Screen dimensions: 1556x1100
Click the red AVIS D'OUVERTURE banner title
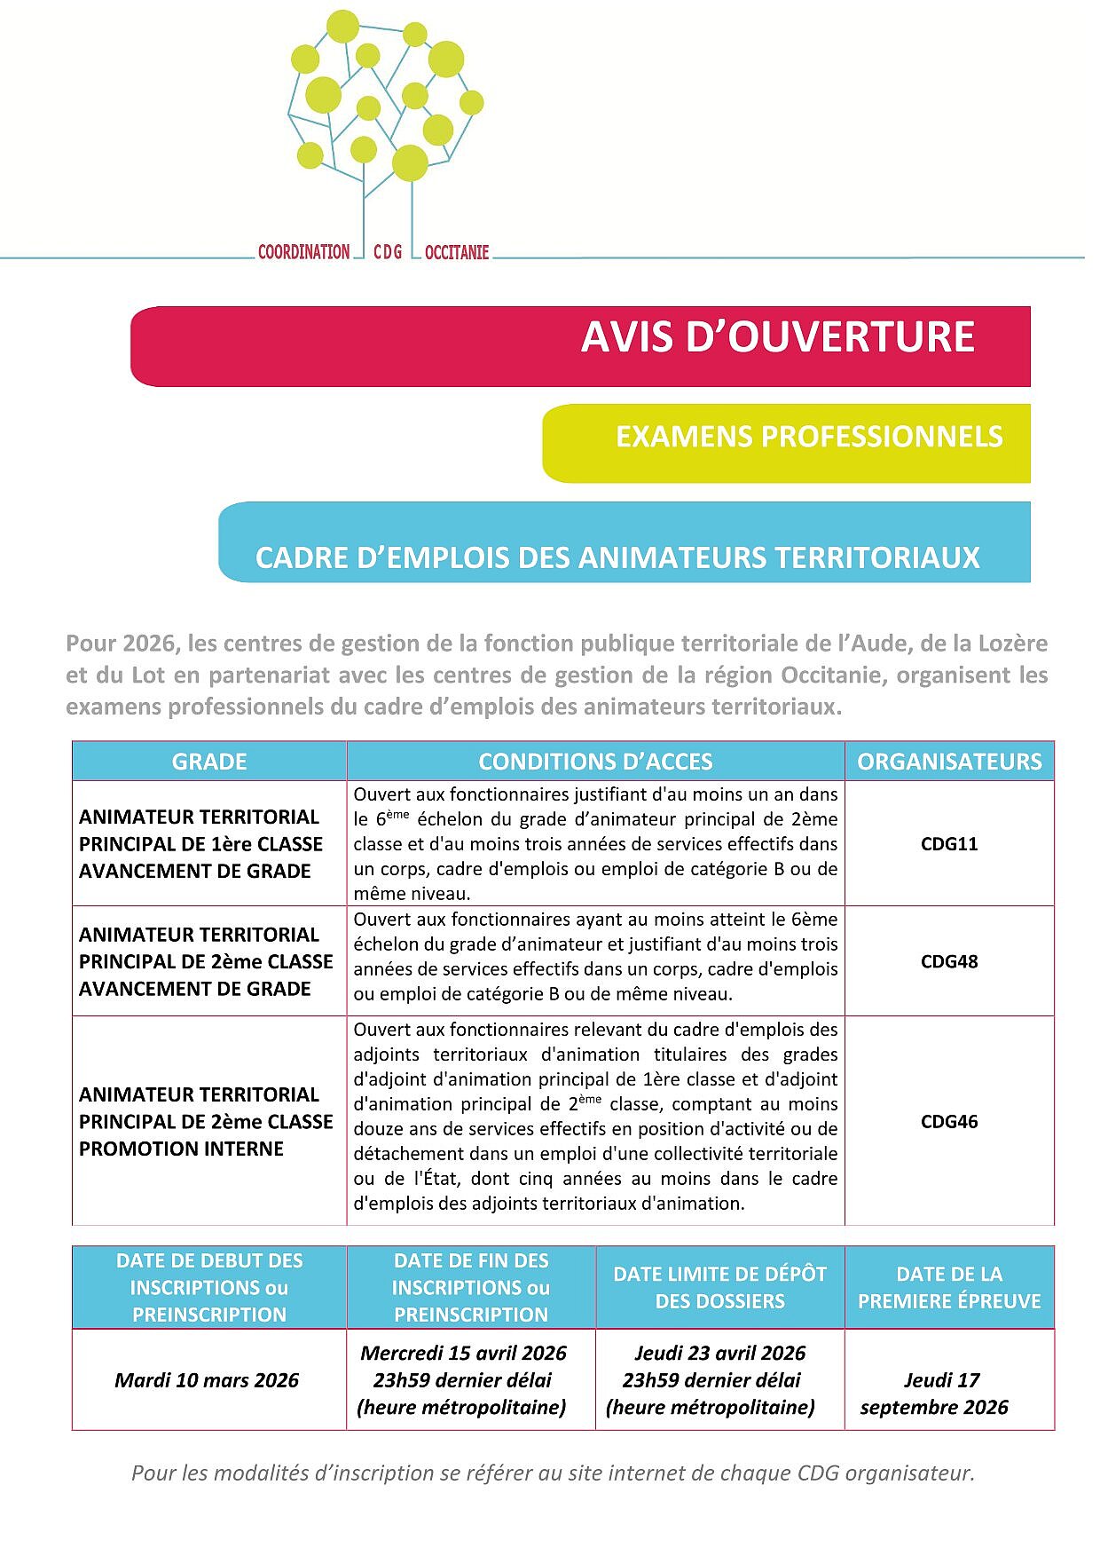click(x=777, y=337)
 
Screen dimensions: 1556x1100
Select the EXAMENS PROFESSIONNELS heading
click(x=809, y=437)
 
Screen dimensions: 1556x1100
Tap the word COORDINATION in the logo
click(x=303, y=252)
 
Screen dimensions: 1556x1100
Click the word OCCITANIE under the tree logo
click(x=457, y=253)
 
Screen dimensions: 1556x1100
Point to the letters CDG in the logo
click(x=388, y=253)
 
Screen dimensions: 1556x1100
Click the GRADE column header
click(x=209, y=762)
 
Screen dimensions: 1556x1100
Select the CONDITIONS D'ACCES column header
click(x=595, y=762)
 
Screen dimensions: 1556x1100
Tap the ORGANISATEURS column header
click(x=949, y=762)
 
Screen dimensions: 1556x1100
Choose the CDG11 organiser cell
click(x=949, y=844)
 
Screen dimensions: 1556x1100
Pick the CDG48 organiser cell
click(x=949, y=961)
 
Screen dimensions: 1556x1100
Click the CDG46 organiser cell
click(x=949, y=1122)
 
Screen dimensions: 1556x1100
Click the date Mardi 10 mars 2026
click(x=207, y=1380)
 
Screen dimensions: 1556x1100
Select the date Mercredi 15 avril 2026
click(x=463, y=1354)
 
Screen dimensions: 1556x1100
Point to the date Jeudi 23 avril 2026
click(x=719, y=1354)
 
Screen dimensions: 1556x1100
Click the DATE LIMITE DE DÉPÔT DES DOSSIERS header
click(x=719, y=1288)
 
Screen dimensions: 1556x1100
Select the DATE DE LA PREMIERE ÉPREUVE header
click(x=949, y=1288)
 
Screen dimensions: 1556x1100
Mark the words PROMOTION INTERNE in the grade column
click(x=181, y=1149)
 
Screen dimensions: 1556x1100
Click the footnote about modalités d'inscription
click(x=553, y=1473)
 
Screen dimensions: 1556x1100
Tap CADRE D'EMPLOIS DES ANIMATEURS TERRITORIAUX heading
click(x=617, y=558)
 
